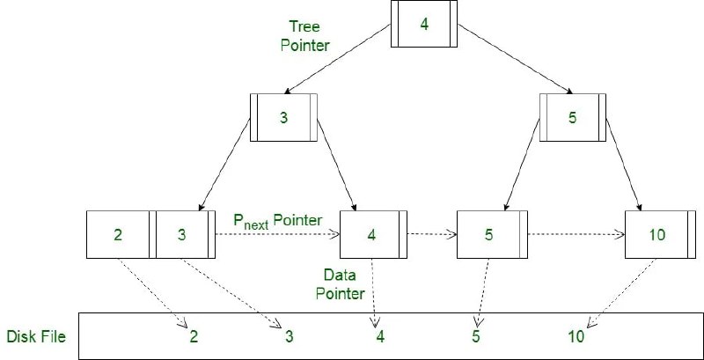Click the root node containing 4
424,24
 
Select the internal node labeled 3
283,117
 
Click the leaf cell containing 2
119,235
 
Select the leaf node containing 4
372,235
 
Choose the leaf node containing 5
489,235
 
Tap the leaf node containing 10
656,235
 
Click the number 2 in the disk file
194,335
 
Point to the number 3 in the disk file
288,335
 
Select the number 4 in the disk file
379,335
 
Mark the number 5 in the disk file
475,335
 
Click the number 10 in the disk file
576,335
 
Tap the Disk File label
36,335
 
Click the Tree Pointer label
304,36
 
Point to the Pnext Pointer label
277,219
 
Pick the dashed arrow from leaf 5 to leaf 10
576,235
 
